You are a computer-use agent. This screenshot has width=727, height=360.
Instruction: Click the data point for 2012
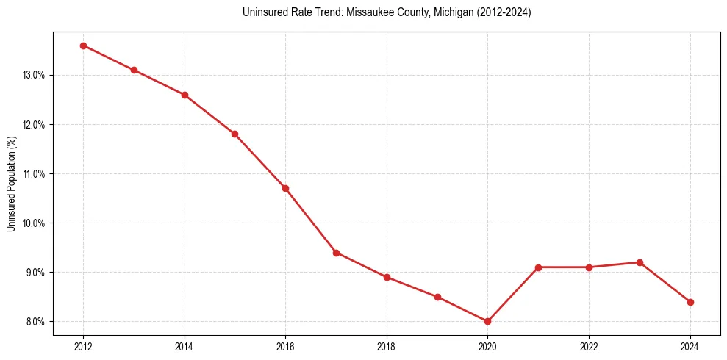click(x=83, y=46)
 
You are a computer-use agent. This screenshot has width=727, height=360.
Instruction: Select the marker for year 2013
click(x=134, y=70)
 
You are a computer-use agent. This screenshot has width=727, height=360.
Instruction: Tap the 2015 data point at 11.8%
click(x=234, y=134)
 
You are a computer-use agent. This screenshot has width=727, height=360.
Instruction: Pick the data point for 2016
click(x=285, y=188)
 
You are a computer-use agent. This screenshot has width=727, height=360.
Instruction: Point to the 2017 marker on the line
click(x=336, y=253)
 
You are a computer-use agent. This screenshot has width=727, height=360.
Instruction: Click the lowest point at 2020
click(x=487, y=321)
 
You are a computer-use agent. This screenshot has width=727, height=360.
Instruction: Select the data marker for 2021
click(x=538, y=267)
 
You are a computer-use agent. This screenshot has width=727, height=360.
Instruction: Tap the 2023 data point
click(x=640, y=262)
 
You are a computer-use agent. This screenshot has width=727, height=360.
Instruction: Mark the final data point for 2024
click(x=690, y=302)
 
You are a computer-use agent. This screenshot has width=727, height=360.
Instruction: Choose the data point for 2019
click(x=437, y=297)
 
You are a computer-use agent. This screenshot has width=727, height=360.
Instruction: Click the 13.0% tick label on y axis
click(x=34, y=75)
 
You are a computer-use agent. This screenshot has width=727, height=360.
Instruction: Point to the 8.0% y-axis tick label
click(x=35, y=322)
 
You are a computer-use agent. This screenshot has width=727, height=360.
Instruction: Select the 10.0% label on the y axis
click(x=34, y=223)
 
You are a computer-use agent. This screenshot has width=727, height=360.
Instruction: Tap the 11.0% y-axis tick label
click(x=34, y=174)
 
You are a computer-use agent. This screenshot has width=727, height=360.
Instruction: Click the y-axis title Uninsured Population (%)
click(x=12, y=184)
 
